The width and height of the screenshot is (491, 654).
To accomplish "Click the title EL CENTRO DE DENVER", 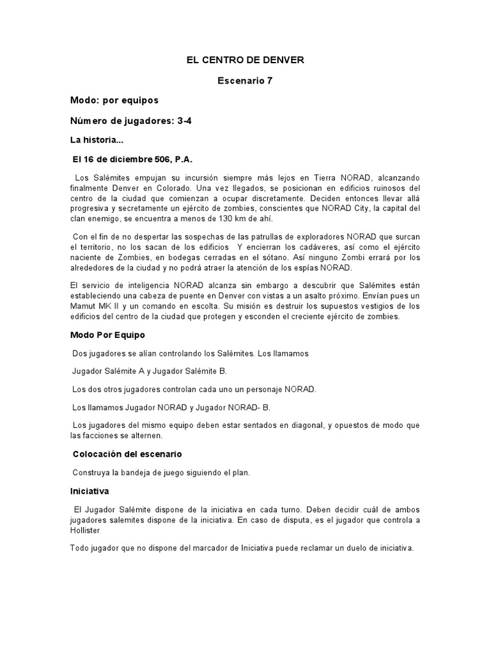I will click(245, 60).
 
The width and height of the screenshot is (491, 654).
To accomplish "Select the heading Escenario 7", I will click(245, 80).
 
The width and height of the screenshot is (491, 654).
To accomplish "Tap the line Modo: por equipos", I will click(114, 100).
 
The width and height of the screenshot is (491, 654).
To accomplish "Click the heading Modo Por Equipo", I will click(107, 335).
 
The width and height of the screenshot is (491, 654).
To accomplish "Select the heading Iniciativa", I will click(90, 492).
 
